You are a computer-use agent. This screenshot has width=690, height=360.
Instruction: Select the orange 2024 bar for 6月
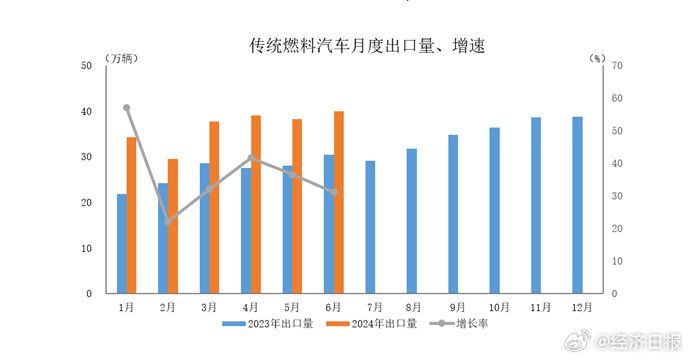tap(339, 202)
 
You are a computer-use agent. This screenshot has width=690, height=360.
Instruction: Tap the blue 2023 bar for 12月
tap(577, 205)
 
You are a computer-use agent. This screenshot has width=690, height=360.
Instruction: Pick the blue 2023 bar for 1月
tap(122, 243)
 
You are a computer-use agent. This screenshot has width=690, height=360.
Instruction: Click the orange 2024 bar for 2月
tap(173, 226)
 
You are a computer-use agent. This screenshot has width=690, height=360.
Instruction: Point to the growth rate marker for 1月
tap(127, 108)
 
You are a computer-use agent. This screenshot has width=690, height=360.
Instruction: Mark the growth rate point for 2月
tap(168, 222)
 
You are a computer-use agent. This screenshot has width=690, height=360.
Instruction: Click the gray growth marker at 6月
tap(334, 192)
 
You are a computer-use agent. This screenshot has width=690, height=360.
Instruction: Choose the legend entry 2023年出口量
tap(269, 323)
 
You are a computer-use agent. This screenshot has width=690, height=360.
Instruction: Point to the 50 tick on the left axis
tap(86, 66)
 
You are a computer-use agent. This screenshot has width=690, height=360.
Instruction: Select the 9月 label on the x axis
tap(457, 307)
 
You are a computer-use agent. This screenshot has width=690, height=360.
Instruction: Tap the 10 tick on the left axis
tap(86, 248)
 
